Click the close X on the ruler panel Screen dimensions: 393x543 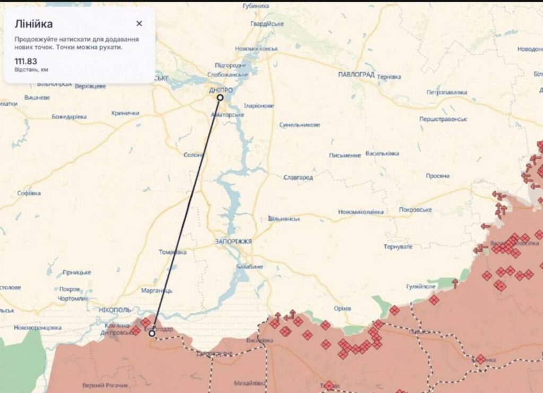[x=139, y=23]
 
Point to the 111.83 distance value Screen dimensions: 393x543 [x=25, y=61]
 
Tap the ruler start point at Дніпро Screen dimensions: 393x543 [x=220, y=98]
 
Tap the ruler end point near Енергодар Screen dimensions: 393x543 [x=152, y=334]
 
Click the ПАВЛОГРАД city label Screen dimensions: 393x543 [x=356, y=75]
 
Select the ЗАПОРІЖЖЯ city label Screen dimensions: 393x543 [x=233, y=242]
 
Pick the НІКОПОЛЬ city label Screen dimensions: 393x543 [x=115, y=309]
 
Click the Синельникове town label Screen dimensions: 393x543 [x=300, y=125]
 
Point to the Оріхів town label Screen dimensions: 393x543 [x=343, y=309]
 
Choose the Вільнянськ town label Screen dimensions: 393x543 [x=285, y=219]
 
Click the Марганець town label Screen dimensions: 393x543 [x=157, y=291]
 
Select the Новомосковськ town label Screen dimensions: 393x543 [x=257, y=48]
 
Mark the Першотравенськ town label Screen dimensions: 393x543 [x=443, y=119]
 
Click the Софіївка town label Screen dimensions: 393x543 [x=29, y=193]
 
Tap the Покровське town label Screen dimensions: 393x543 [x=415, y=210]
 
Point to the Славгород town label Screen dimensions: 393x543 [x=298, y=177]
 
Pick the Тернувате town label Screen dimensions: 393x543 [x=398, y=247]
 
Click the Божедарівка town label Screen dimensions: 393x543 [x=69, y=116]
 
